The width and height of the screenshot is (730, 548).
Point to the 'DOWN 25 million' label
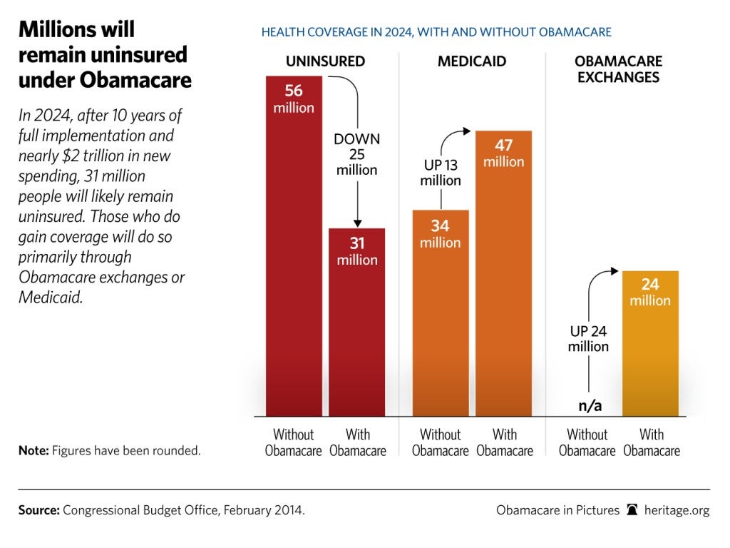[x=357, y=155]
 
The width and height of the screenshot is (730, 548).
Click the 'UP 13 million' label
[x=441, y=173]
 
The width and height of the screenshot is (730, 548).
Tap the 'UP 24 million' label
[x=588, y=339]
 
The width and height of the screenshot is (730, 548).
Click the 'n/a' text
[x=590, y=406]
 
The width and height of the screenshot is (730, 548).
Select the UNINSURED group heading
[x=325, y=61]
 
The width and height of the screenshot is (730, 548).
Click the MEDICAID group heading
[x=472, y=61]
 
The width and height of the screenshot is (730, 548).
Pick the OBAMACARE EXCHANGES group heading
[x=619, y=69]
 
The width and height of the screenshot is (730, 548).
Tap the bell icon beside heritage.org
[x=632, y=510]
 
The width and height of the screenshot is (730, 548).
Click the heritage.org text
[x=677, y=510]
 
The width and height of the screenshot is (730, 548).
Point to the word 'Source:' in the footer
[x=39, y=510]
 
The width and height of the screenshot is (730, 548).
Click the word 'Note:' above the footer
[x=34, y=451]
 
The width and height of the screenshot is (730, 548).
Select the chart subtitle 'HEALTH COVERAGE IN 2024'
[x=436, y=32]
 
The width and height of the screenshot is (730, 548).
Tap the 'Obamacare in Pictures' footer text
[x=557, y=510]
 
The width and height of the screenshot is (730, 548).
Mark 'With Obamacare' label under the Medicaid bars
[x=504, y=442]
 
